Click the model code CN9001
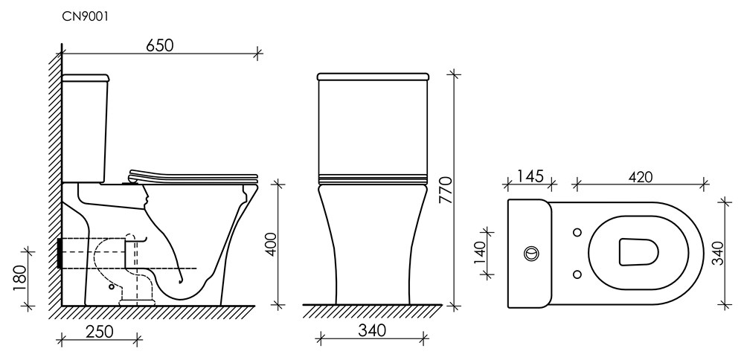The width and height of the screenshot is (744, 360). tap(86, 16)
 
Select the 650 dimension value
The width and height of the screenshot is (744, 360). tap(160, 45)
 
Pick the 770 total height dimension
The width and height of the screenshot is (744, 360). tap(447, 190)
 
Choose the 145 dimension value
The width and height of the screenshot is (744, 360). tap(530, 176)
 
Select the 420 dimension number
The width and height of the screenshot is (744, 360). tap(640, 176)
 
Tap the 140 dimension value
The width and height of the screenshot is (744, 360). tap(480, 254)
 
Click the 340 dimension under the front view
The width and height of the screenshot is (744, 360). tap(372, 330)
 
